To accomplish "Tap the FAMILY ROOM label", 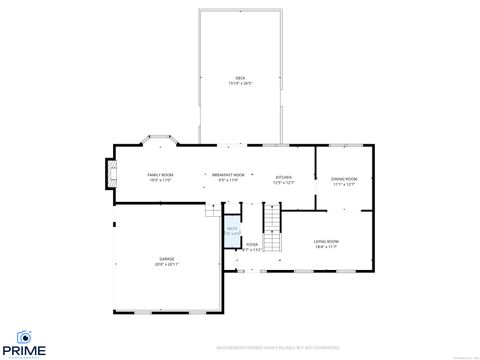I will pos(161,175).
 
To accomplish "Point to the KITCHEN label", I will pos(283,175).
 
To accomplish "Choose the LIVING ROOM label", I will pos(327,241).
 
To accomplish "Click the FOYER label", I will pos(252,243).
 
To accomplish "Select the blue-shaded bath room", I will pos(232,231).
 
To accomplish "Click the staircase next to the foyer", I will pos(270,217).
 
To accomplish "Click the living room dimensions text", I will pos(327,246).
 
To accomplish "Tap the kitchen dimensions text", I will pos(283,180).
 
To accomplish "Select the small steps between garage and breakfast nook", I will pos(211,212).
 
